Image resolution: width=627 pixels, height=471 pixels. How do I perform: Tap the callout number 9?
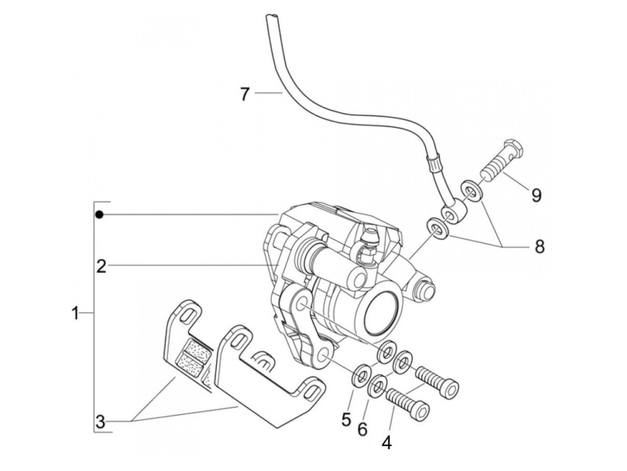[536, 195]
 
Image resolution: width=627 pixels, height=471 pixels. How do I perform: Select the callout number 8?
[539, 246]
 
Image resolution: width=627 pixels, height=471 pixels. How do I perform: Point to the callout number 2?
[101, 266]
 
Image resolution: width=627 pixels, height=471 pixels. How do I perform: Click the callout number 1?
[75, 313]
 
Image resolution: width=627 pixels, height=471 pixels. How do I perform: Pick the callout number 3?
[101, 422]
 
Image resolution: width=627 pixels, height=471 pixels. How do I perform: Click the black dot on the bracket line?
[99, 214]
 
